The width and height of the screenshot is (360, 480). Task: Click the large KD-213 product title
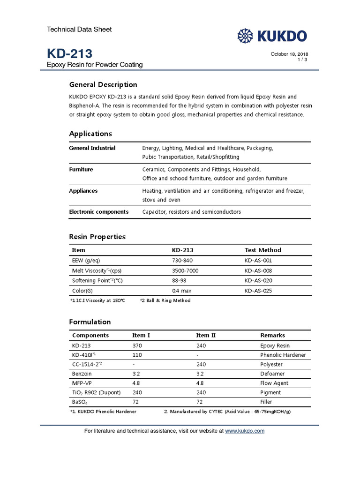tap(69, 53)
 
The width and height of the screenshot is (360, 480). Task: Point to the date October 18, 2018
tap(289, 54)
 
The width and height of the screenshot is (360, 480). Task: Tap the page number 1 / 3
tap(302, 60)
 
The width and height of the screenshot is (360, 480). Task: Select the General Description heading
tap(103, 85)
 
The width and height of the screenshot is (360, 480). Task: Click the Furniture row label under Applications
tap(81, 169)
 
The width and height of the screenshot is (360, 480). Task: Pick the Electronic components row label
tap(98, 212)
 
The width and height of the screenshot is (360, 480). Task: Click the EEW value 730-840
tap(182, 260)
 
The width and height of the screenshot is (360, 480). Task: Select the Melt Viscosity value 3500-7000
tap(186, 270)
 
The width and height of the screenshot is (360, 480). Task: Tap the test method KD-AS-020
tap(258, 280)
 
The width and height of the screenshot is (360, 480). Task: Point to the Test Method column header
tap(263, 250)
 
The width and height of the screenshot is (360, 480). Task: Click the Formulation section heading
tap(90, 322)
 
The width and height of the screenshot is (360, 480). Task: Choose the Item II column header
tap(206, 335)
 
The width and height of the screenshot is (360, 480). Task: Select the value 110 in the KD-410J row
tap(137, 355)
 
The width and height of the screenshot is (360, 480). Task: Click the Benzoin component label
tap(82, 374)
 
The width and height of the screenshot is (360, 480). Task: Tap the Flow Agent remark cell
tap(274, 383)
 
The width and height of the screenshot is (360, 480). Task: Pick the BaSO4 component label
tap(80, 402)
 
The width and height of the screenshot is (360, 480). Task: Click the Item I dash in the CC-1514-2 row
tap(134, 364)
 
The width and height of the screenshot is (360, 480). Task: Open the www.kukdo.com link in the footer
tap(245, 431)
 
